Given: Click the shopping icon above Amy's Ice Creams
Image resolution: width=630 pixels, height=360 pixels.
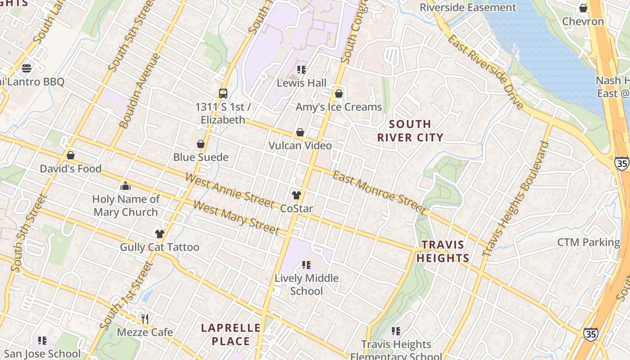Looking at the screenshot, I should click(x=339, y=94).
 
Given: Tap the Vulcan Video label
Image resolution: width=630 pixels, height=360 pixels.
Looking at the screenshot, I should click(x=300, y=145).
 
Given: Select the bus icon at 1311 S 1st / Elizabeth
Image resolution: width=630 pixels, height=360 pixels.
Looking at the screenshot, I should click(x=223, y=94).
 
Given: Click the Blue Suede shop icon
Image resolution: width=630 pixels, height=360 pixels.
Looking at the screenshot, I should click(x=201, y=144).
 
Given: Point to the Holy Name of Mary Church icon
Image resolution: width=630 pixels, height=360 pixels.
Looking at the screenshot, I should click(x=126, y=186).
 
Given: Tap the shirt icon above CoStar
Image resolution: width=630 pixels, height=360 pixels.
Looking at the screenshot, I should click(x=296, y=195).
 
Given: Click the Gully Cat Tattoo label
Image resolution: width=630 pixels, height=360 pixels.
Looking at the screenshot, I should click(x=159, y=247).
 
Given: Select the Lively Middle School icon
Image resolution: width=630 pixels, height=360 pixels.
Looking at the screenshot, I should click(x=306, y=265).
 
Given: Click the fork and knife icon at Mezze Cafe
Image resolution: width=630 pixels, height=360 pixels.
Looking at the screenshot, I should click(x=145, y=319).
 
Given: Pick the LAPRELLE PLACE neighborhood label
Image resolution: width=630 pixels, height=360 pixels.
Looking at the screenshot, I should click(x=231, y=334).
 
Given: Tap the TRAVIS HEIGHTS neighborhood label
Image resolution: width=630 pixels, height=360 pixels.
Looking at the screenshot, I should click(x=443, y=252).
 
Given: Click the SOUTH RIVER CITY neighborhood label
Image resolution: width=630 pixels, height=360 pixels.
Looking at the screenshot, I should click(x=410, y=130).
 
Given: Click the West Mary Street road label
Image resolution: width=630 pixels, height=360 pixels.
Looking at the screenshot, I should click(x=236, y=217).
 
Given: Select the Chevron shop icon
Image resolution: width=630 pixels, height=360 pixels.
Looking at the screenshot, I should click(x=583, y=8).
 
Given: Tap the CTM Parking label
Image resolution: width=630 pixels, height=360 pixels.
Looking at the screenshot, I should click(x=589, y=242).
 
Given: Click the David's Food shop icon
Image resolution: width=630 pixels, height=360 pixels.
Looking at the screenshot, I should click(x=71, y=155).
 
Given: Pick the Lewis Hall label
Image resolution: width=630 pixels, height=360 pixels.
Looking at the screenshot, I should click(x=301, y=83).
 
